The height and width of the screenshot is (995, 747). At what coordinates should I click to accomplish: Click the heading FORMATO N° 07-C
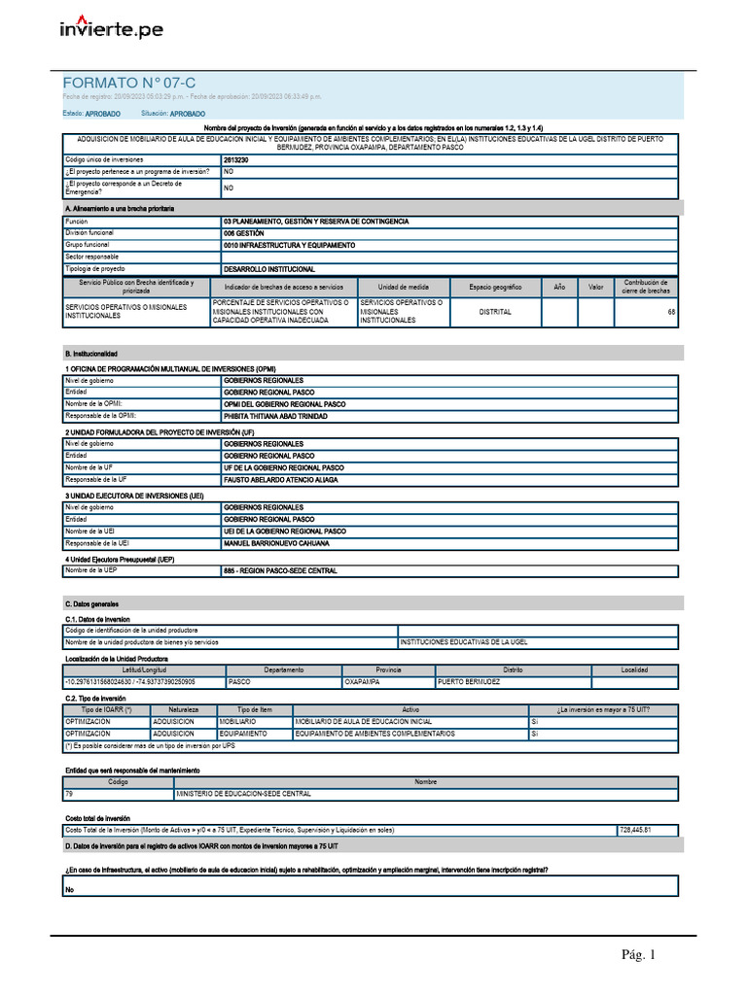[x=122, y=84]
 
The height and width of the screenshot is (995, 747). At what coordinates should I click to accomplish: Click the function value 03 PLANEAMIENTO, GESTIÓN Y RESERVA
[x=315, y=222]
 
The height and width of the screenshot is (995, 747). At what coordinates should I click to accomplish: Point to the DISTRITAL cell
[x=495, y=312]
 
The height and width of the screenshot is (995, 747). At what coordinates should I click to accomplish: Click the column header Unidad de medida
[x=402, y=288]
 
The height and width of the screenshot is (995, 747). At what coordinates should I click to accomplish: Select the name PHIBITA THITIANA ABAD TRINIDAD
[x=275, y=416]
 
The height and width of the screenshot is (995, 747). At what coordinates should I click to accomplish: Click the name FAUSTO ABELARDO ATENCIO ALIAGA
[x=281, y=480]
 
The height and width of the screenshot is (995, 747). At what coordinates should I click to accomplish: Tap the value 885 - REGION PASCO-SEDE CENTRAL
[x=280, y=571]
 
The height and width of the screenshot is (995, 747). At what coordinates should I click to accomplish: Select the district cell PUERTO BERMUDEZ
[x=469, y=682]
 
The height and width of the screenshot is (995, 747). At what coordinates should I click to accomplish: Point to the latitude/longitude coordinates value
[x=129, y=682]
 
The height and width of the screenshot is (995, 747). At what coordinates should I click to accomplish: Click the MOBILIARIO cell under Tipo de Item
[x=238, y=722]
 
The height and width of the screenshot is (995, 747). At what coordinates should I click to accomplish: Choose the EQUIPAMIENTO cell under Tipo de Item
[x=243, y=735]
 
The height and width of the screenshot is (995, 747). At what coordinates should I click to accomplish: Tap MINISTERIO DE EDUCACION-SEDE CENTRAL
[x=243, y=794]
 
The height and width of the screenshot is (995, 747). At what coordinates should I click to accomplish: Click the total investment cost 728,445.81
[x=634, y=830]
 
